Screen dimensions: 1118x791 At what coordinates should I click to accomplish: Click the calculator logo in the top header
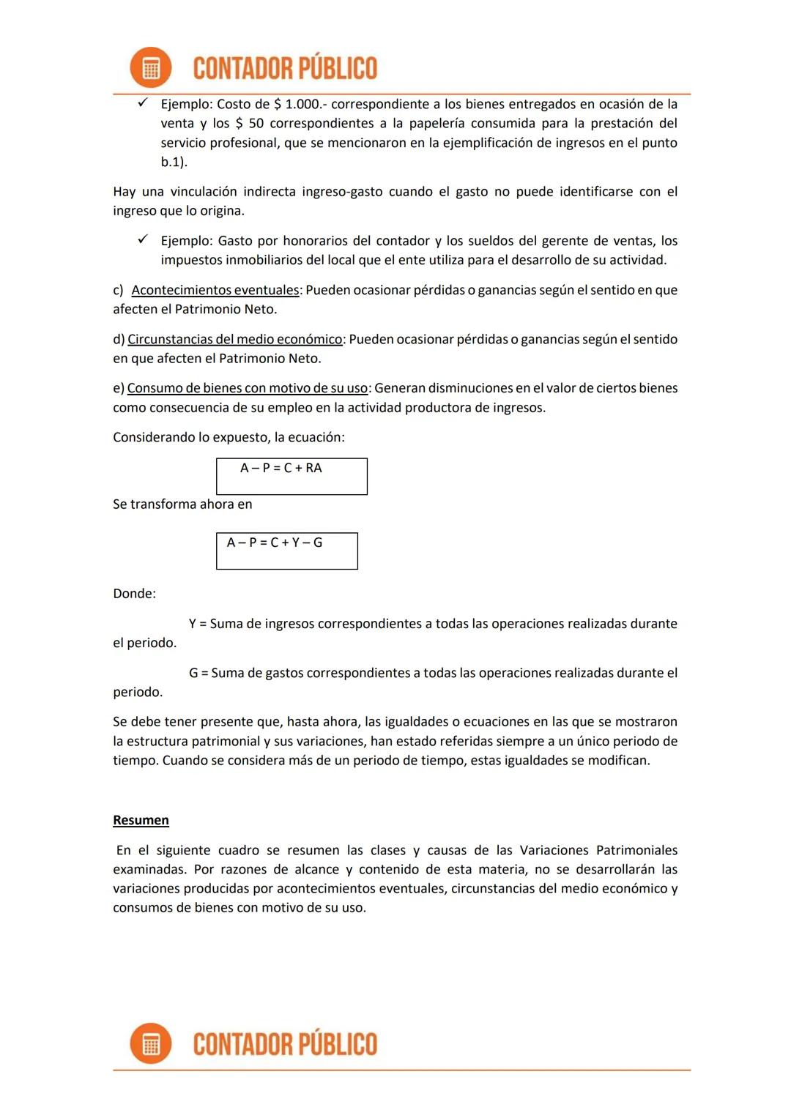coord(151,68)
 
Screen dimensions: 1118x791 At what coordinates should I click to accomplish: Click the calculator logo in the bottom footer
coord(151,1043)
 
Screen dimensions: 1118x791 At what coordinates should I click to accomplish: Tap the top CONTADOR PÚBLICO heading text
coord(285,69)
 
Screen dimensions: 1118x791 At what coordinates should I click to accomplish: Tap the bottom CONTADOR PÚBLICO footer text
coord(285,1044)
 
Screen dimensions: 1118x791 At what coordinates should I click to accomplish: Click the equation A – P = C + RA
coord(281,469)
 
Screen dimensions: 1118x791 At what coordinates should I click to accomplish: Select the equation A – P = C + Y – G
coord(275,543)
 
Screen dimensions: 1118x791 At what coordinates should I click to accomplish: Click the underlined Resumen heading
coord(141,820)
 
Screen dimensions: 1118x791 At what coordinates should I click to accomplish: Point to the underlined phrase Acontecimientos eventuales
coord(215,290)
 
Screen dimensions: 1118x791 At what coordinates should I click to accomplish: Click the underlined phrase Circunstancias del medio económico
coord(235,339)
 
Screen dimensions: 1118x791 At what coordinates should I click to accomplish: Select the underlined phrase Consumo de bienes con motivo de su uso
coord(248,388)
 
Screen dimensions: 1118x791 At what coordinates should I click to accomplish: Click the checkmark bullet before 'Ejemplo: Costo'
coord(144,103)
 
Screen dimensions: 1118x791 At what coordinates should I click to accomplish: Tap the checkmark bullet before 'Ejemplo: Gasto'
coord(144,239)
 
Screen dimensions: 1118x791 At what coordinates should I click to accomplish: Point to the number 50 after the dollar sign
coord(256,124)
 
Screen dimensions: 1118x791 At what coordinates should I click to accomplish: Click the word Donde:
coord(134,594)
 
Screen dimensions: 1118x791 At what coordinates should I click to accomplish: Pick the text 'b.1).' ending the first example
coord(174,163)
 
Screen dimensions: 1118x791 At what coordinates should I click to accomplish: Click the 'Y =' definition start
coord(198,624)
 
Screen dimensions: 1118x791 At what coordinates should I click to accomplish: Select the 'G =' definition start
coord(198,673)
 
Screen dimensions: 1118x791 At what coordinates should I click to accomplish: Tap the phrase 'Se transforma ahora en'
coord(182,504)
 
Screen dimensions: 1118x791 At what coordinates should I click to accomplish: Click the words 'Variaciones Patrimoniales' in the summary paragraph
coord(598,850)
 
